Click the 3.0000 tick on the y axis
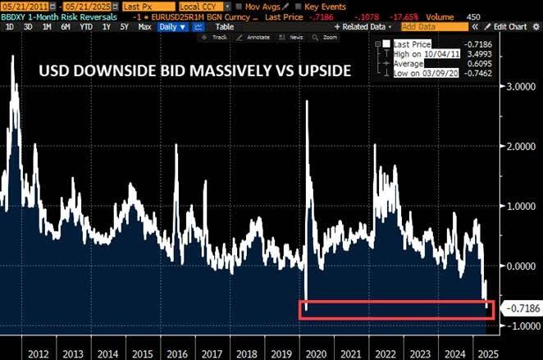(516, 85)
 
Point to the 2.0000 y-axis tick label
(516, 146)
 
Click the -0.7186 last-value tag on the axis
(517, 309)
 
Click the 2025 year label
(485, 352)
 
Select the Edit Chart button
(512, 27)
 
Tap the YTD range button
(84, 27)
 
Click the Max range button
(144, 27)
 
